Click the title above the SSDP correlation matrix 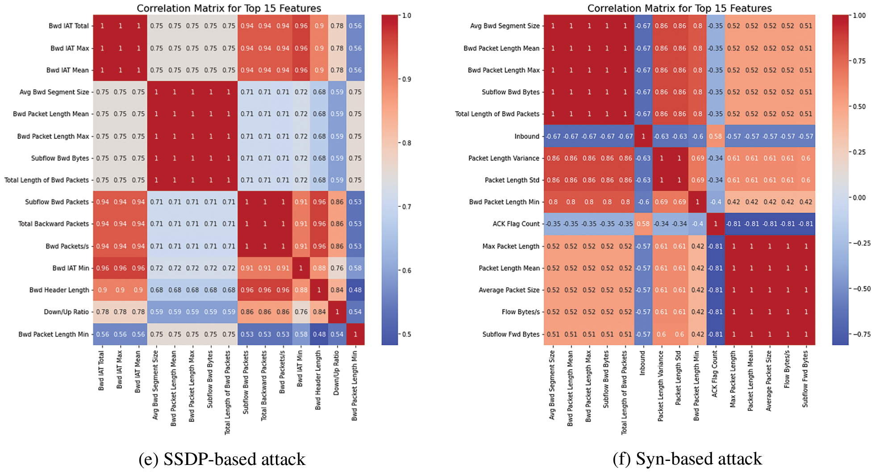click(229, 8)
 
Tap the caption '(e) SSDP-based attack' click(222, 459)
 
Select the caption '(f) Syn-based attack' click(687, 459)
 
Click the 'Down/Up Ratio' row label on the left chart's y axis click(66, 312)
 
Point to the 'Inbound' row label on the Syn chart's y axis click(527, 136)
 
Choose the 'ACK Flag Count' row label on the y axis click(516, 224)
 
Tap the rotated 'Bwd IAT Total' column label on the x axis click(102, 371)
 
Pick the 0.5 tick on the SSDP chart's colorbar click(406, 334)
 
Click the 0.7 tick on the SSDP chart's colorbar click(406, 207)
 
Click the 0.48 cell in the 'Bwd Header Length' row click(355, 290)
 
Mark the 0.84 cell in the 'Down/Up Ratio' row click(319, 312)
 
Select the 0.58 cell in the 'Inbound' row click(715, 136)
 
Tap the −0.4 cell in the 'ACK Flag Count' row click(697, 224)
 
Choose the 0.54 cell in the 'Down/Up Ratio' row click(355, 312)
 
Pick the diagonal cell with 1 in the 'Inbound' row click(643, 136)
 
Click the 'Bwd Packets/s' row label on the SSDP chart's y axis click(67, 246)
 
